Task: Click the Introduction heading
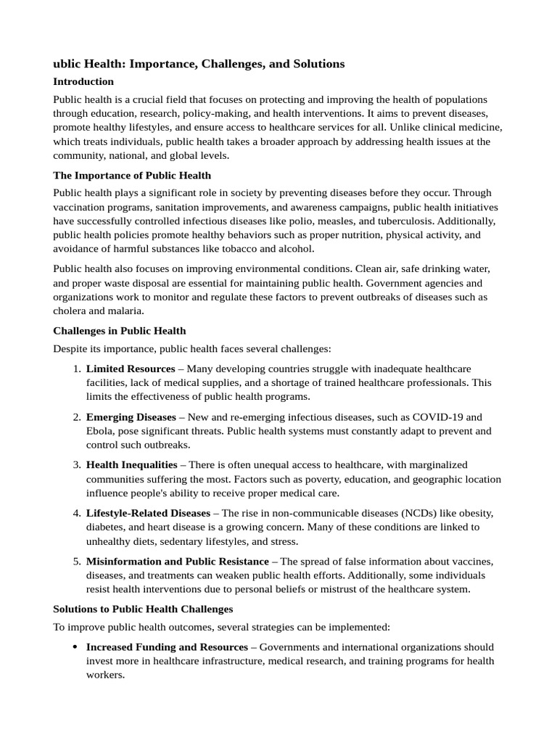83,81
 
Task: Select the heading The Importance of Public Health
132,175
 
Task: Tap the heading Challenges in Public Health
119,331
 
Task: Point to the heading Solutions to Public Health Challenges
143,608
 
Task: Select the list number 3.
76,465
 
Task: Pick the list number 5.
76,562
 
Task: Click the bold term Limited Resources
131,369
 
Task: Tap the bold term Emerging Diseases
131,417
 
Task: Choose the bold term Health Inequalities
131,465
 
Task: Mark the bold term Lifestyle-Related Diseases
148,514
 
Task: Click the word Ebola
100,431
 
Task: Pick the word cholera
70,311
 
